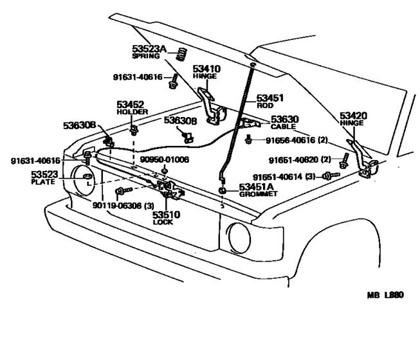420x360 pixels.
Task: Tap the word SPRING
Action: click(x=145, y=57)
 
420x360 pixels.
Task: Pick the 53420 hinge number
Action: click(x=354, y=116)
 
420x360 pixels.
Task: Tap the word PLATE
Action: click(x=43, y=182)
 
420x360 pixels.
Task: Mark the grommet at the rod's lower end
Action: click(x=222, y=191)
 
